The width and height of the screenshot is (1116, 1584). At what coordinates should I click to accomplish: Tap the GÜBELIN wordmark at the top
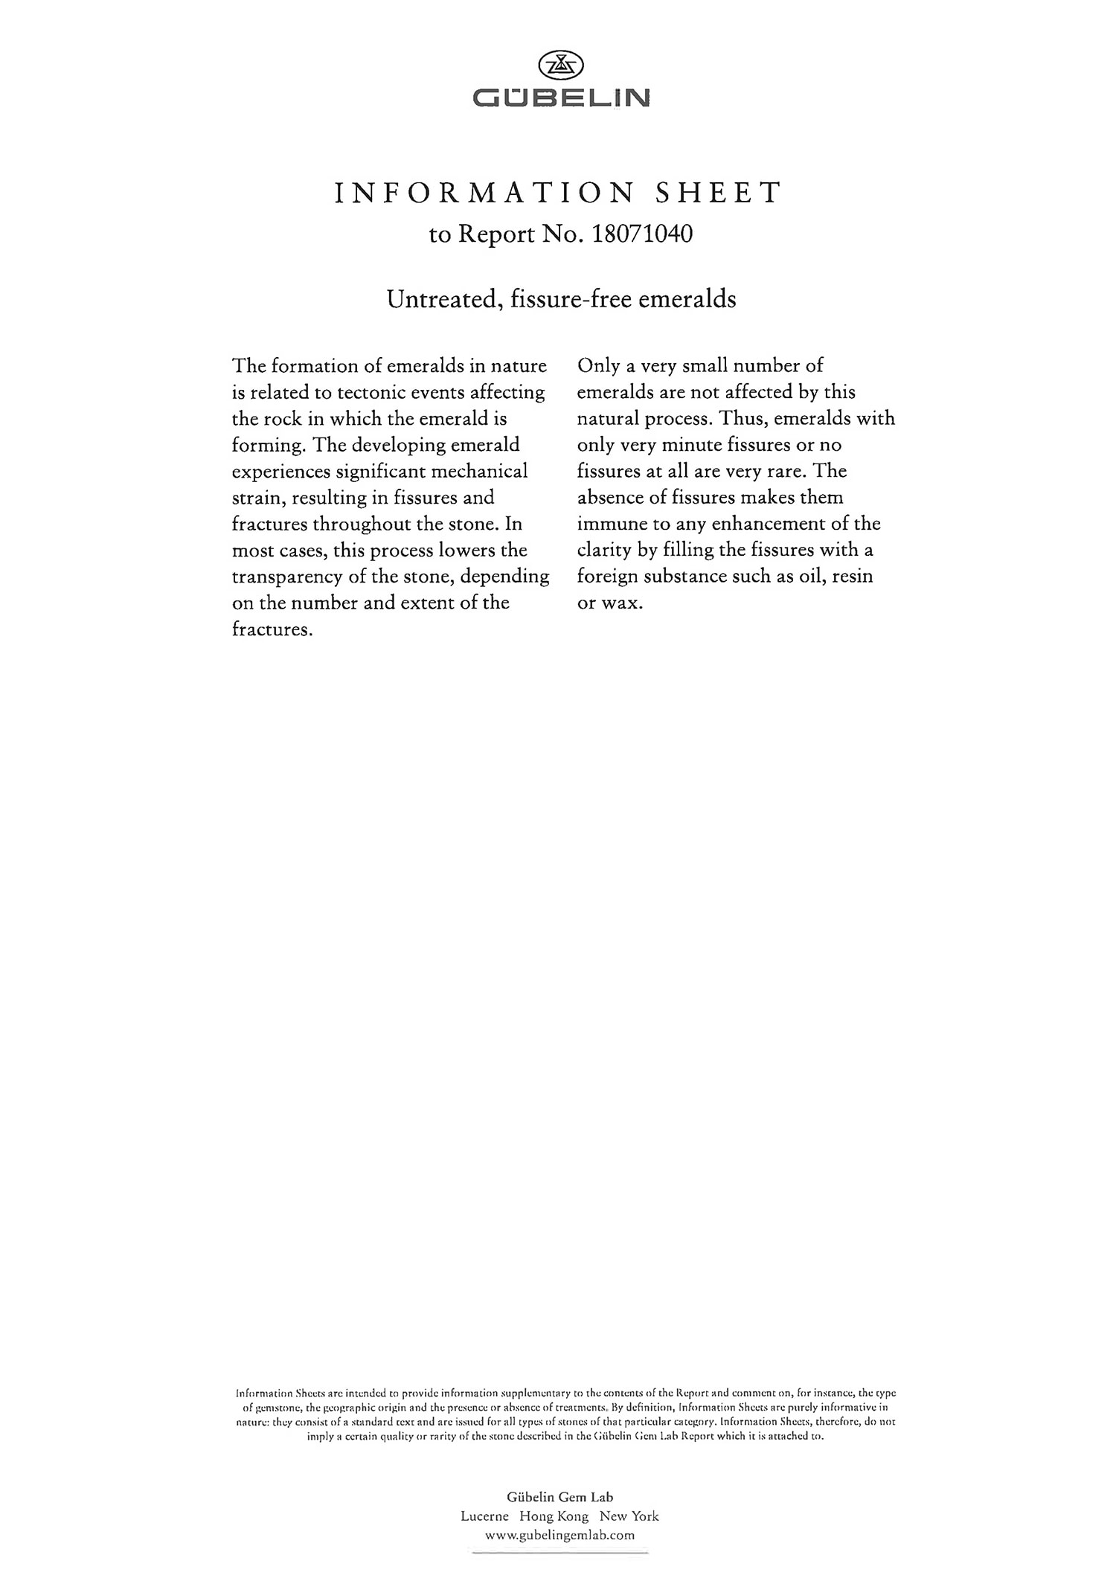pos(561,97)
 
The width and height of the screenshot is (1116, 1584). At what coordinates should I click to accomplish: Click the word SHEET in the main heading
pos(717,193)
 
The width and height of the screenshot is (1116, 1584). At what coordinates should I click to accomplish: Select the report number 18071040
pos(642,234)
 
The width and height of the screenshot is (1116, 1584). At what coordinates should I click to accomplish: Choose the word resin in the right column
pos(853,577)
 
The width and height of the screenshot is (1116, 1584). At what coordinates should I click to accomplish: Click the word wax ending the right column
pos(621,603)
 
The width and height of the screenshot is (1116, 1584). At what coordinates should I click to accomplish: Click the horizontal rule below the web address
pos(560,1548)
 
